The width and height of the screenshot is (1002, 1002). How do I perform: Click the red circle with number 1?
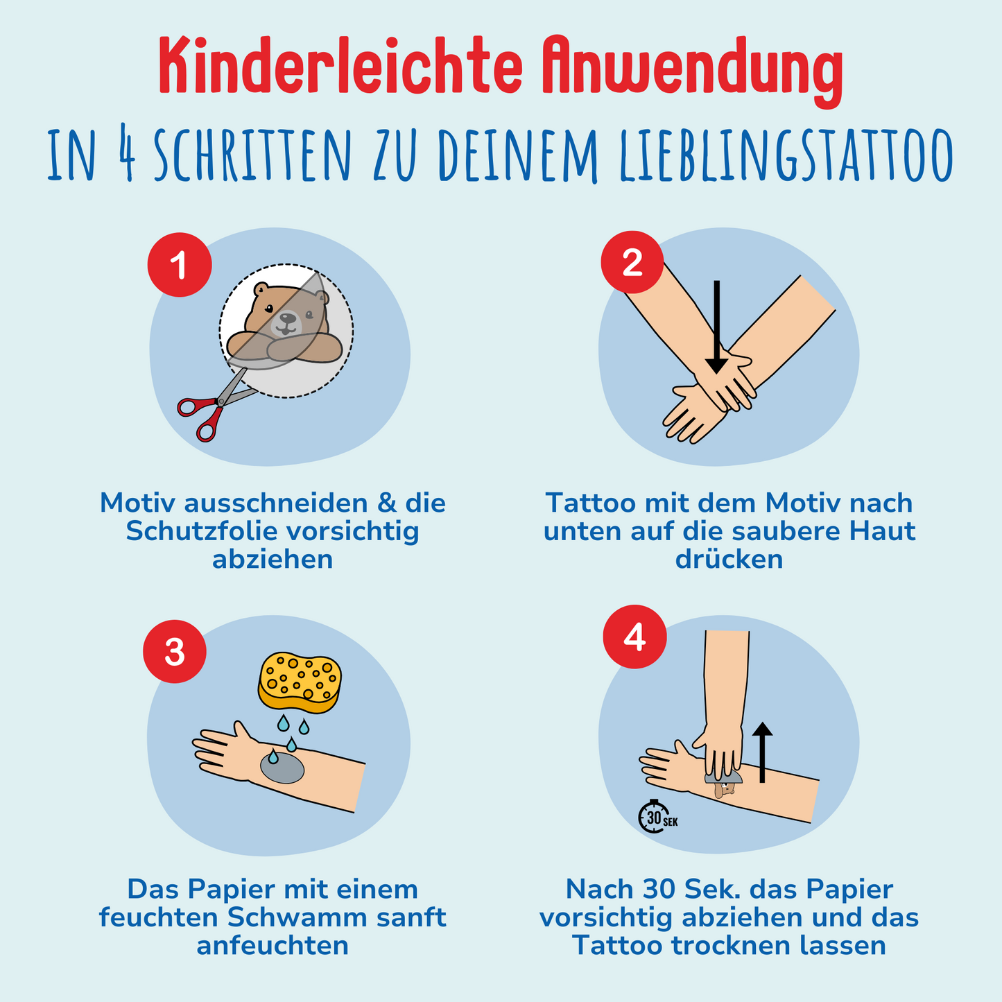[x=180, y=265]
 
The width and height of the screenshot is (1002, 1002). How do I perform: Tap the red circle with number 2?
[x=632, y=262]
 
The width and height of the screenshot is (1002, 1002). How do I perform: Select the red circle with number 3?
[x=175, y=652]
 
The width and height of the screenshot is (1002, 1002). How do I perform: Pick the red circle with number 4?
[x=635, y=637]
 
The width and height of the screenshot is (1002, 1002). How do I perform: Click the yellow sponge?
[x=300, y=682]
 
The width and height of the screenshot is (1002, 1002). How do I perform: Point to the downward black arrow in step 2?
[x=716, y=327]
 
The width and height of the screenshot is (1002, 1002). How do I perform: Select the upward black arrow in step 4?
[x=762, y=752]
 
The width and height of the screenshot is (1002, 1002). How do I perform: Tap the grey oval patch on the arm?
[x=282, y=766]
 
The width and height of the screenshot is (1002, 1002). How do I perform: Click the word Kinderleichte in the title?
[x=340, y=67]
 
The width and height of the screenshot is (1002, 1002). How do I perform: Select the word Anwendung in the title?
[x=691, y=70]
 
